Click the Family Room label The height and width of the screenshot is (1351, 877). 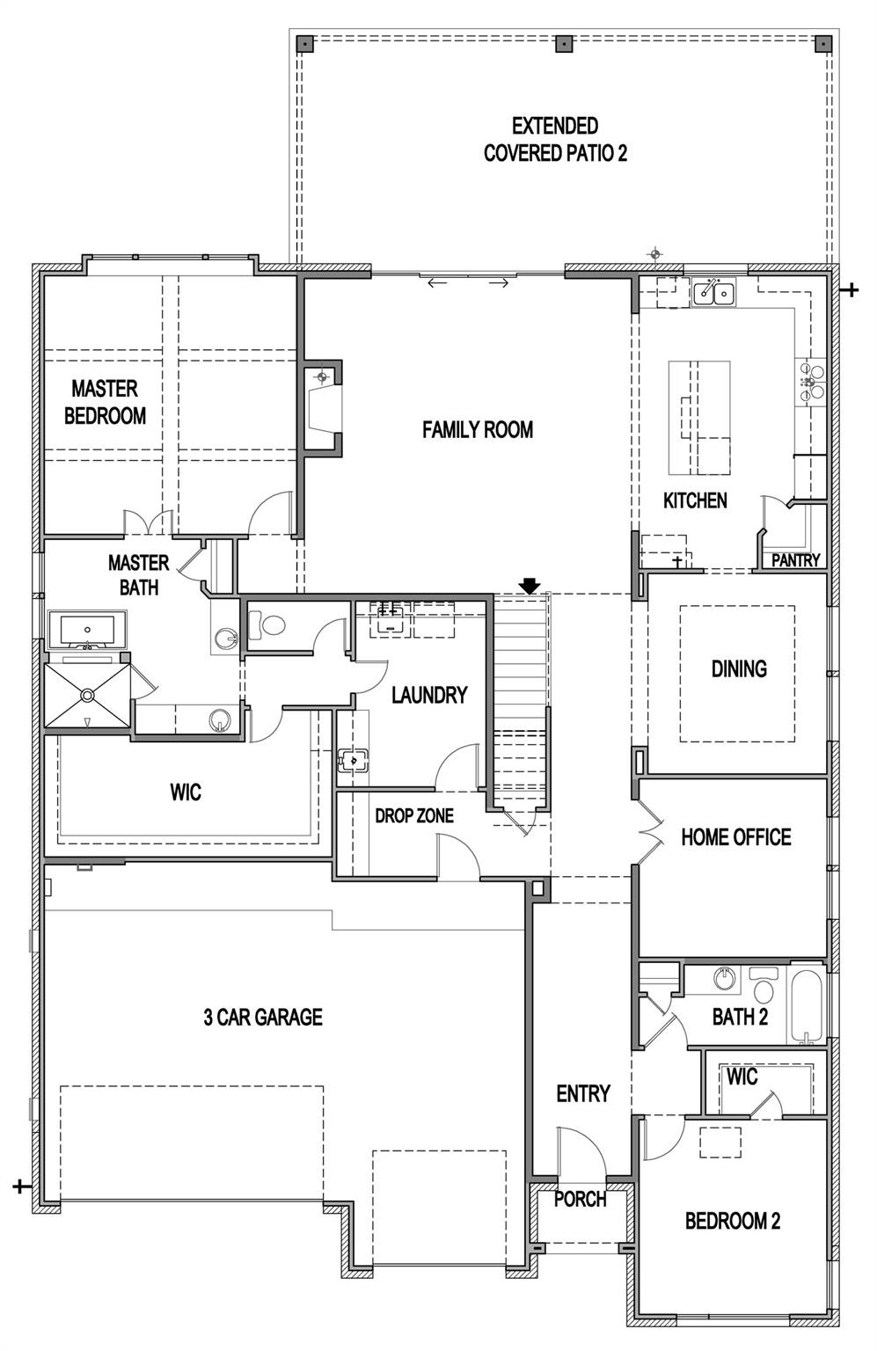(477, 430)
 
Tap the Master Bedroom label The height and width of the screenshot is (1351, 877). (105, 402)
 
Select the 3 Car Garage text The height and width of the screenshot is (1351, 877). (263, 1018)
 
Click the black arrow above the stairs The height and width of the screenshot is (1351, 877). (530, 586)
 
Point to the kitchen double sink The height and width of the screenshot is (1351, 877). (713, 292)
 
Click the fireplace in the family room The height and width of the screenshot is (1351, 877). (323, 409)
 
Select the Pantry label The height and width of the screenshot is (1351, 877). (795, 560)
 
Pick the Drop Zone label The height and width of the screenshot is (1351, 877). (414, 816)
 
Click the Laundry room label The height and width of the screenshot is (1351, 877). (429, 696)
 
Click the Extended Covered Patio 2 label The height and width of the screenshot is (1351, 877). (555, 140)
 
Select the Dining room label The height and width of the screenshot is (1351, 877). (739, 669)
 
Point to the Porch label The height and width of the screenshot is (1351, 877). (580, 1199)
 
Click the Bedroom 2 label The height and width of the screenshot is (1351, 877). (732, 1221)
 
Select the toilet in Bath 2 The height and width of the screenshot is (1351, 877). (763, 985)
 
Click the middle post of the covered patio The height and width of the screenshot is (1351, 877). (562, 43)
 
